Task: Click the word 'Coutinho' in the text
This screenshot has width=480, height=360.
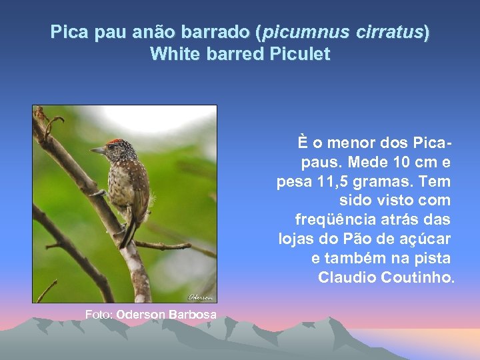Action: pyautogui.click(x=419, y=277)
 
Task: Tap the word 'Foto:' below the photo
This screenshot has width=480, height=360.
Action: pyautogui.click(x=99, y=314)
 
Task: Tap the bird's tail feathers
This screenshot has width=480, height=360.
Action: pyautogui.click(x=128, y=233)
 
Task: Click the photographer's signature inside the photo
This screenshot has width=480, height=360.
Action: pyautogui.click(x=199, y=297)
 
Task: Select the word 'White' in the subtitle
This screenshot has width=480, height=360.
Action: pyautogui.click(x=172, y=54)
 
